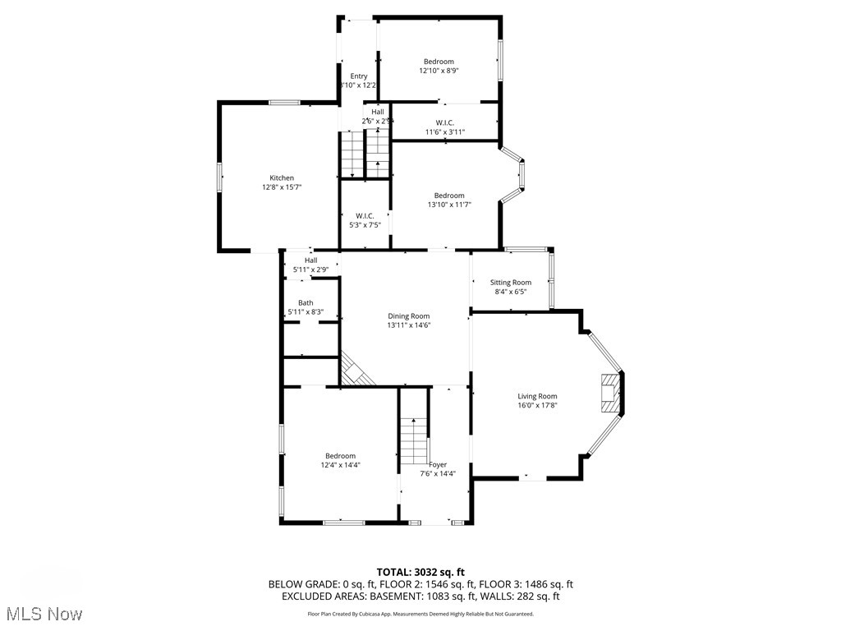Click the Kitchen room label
click(282, 178)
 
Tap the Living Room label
click(537, 396)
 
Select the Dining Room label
click(409, 315)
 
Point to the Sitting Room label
click(511, 283)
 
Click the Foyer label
click(438, 464)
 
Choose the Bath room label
click(306, 303)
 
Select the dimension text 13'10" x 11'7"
click(449, 205)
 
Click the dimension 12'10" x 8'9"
click(439, 71)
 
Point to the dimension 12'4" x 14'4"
click(340, 465)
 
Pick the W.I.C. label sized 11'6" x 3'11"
click(445, 123)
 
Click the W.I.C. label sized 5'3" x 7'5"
click(359, 215)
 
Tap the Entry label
click(359, 76)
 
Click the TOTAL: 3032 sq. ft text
click(420, 572)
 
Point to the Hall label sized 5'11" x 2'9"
click(310, 260)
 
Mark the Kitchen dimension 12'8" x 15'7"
click(282, 187)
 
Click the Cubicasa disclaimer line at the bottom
click(420, 614)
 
